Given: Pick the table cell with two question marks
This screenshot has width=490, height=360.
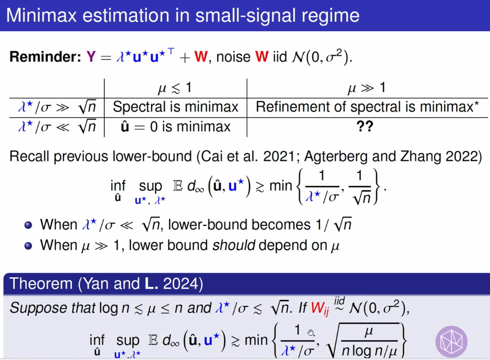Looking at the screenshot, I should tap(365, 126).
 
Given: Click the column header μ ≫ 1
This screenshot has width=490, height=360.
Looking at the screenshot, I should tap(366, 88).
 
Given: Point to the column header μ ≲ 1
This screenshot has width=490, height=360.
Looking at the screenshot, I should tap(175, 88).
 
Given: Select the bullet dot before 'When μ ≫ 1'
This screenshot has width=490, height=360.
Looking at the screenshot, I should tap(28, 246).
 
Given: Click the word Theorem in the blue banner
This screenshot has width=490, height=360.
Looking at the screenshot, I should tap(40, 284).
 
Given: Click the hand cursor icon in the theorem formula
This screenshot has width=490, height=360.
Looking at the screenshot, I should tap(311, 333).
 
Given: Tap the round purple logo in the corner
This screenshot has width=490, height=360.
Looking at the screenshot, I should tap(451, 341).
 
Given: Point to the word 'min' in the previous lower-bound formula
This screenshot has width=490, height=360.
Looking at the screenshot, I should tap(280, 186).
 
